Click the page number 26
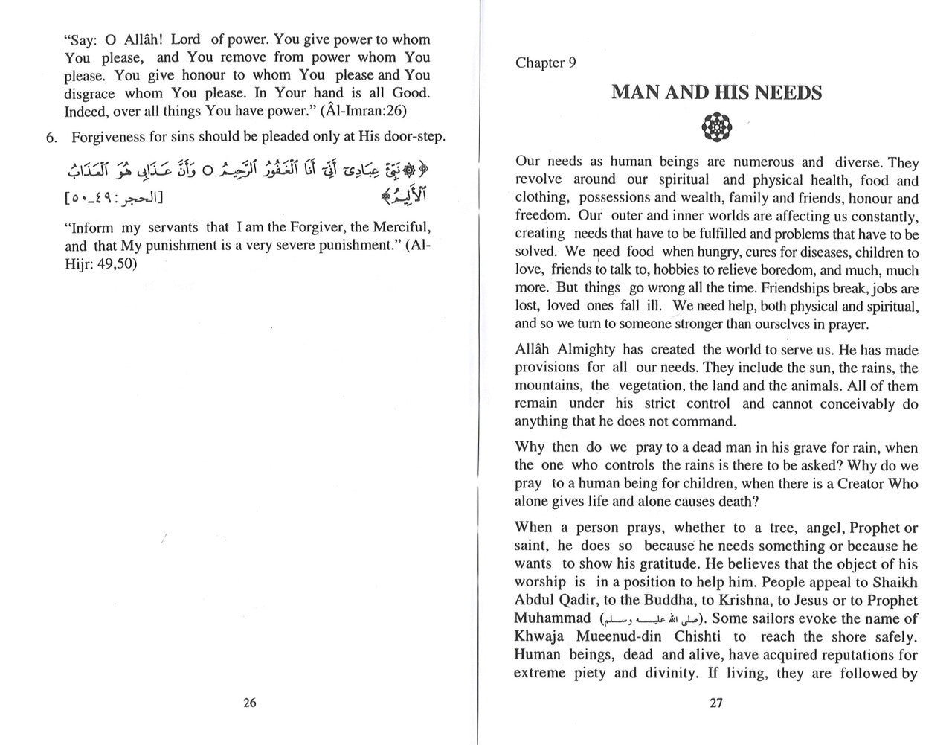250,702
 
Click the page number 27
716,702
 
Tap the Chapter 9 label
546,63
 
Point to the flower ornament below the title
716,127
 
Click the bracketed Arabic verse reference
114,198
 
